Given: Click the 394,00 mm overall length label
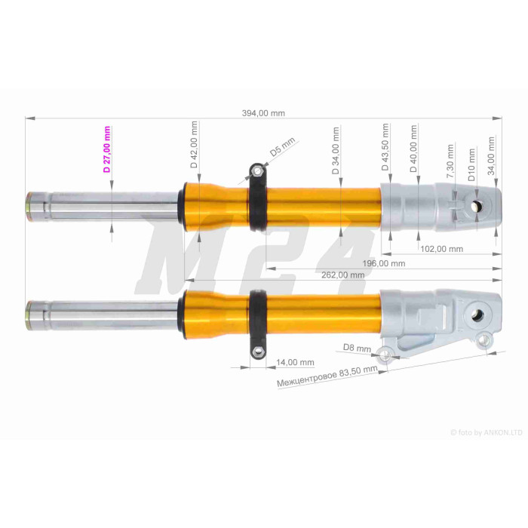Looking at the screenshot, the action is [x=263, y=113].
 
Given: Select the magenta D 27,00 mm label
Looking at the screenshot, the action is [x=107, y=149].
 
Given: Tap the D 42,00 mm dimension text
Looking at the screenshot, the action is [x=194, y=145].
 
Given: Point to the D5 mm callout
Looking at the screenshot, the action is [x=282, y=147].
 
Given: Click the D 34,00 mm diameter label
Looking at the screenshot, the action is [x=336, y=151].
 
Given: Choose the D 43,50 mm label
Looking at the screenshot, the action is [x=385, y=147].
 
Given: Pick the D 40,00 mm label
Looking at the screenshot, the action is [x=413, y=149].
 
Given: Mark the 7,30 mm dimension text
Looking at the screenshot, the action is [x=450, y=161].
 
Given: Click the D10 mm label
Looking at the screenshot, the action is [x=471, y=164].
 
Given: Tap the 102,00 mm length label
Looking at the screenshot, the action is [x=442, y=249].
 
